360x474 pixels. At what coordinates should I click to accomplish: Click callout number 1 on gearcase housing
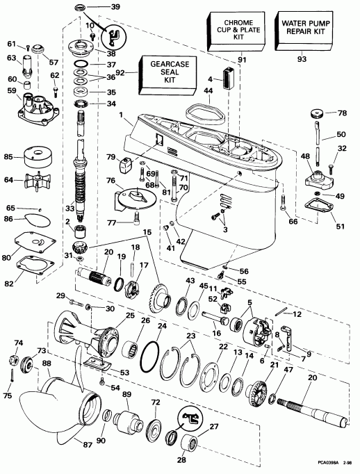pyautogui.click(x=121, y=114)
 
